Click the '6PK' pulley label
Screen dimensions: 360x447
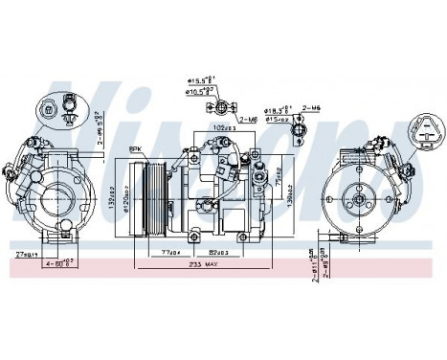point(138,148)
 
